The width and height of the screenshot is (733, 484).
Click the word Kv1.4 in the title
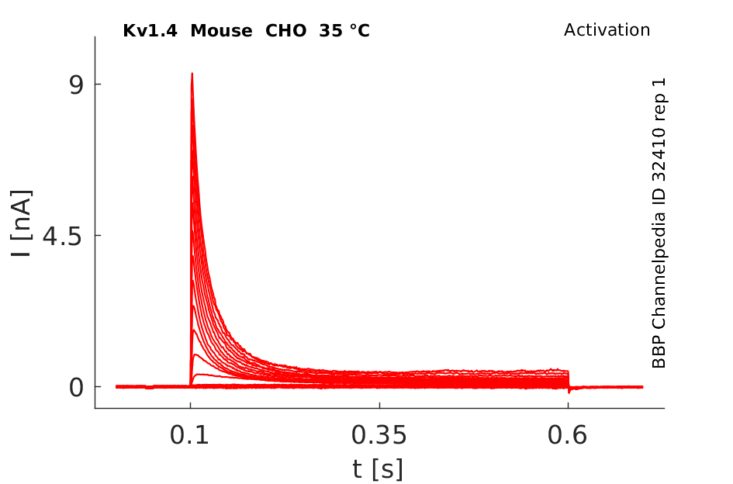click(150, 31)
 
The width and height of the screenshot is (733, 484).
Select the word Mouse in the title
click(222, 31)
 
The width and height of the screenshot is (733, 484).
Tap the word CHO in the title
click(286, 31)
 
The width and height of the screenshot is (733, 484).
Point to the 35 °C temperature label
click(344, 31)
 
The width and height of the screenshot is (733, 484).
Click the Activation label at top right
click(607, 30)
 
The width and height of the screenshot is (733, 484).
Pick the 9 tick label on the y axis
click(76, 85)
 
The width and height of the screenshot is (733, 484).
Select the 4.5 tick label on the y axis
click(62, 236)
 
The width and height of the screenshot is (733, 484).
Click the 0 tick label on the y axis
click(76, 388)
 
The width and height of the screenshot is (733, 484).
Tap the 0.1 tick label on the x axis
click(189, 435)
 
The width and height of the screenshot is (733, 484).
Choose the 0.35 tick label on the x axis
click(379, 435)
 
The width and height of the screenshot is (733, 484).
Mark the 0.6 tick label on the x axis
click(567, 435)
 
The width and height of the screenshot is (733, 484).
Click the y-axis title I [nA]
click(22, 223)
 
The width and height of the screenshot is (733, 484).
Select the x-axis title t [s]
click(378, 469)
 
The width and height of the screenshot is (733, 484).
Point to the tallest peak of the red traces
click(192, 74)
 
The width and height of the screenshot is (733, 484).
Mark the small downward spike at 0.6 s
click(569, 390)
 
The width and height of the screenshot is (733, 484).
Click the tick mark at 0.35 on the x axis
click(379, 405)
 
